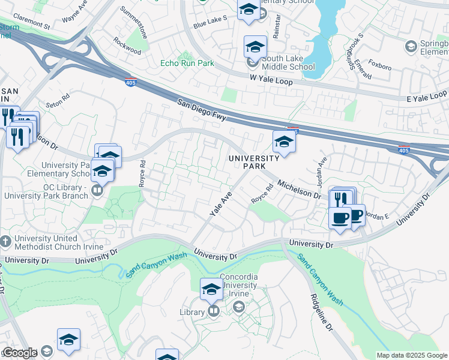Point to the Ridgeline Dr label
(x=322, y=314)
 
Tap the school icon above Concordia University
(x=211, y=290)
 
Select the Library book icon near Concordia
(x=213, y=311)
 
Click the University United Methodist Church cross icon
(x=5, y=242)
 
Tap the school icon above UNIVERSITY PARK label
(x=283, y=142)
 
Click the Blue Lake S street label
(x=210, y=22)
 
